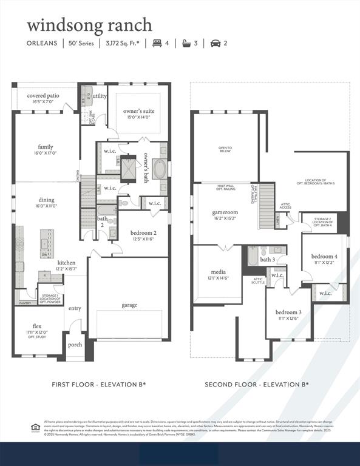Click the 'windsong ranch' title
(89, 25)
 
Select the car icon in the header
(215, 43)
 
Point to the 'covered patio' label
(43, 95)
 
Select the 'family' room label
(46, 147)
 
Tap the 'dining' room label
(47, 200)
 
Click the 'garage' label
(129, 305)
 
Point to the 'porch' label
(75, 345)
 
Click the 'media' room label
(217, 272)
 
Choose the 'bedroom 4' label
(324, 256)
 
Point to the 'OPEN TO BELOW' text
(225, 149)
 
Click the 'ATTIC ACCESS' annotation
(285, 206)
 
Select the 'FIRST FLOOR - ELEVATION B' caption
(98, 385)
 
